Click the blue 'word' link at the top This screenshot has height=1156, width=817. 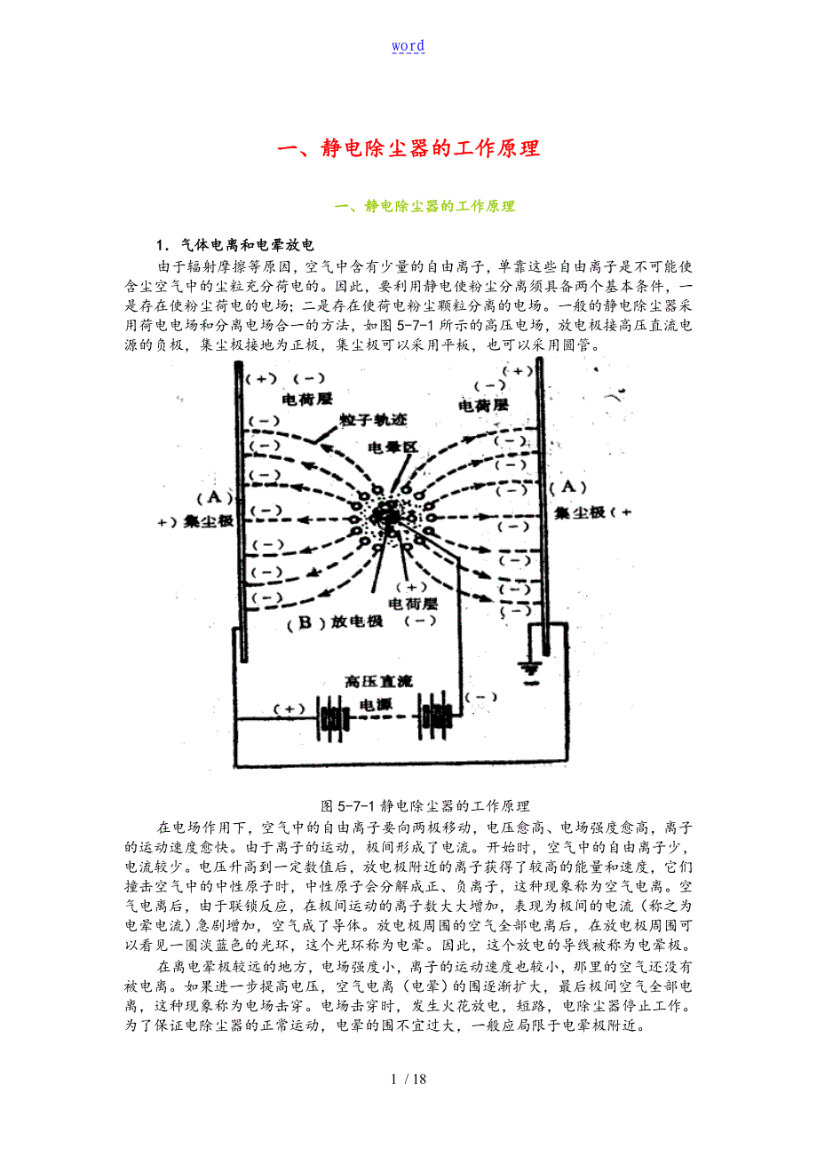(408, 46)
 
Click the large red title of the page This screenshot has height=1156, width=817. (408, 148)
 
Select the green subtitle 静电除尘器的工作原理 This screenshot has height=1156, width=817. (425, 206)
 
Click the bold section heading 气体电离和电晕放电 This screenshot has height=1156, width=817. (234, 245)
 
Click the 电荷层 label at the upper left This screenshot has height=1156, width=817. (307, 400)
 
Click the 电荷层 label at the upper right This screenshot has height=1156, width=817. (483, 405)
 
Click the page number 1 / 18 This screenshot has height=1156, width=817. (408, 1080)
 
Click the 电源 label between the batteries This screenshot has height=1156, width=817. (375, 705)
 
